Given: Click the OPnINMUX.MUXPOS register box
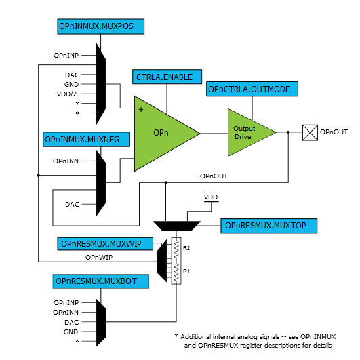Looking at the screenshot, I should point(99,26).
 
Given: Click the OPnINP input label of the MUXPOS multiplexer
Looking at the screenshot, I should point(66,54).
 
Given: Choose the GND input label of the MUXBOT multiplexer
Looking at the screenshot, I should point(71,332).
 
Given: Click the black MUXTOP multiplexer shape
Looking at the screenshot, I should point(178,225).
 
